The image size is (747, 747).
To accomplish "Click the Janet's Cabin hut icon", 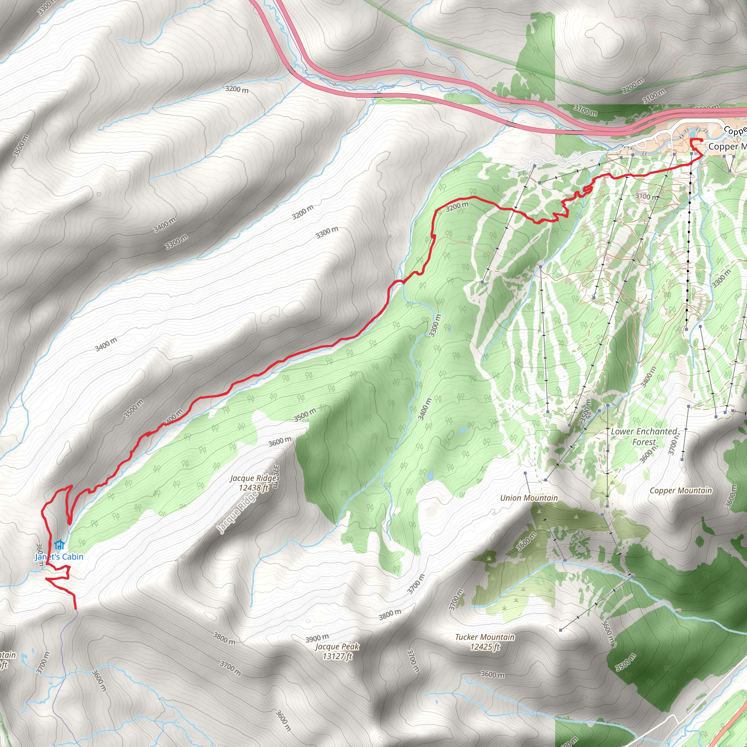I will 59,546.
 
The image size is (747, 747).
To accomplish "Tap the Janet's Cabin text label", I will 59,557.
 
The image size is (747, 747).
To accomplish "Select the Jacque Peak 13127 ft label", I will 337,651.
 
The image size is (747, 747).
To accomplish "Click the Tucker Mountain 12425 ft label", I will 485,642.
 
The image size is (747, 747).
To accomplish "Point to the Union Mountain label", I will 529,498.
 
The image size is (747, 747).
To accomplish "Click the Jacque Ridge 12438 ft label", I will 253,483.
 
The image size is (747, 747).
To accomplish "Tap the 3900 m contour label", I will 317,638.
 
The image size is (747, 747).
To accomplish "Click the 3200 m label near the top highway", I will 237,89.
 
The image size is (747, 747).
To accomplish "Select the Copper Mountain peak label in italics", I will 681,491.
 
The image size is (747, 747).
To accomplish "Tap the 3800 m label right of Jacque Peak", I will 390,615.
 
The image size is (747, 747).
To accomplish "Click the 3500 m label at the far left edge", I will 21,146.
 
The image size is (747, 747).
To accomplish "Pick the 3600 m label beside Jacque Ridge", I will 280,441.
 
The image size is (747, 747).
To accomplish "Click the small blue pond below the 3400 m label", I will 463,430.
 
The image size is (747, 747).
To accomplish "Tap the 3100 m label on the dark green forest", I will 585,110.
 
